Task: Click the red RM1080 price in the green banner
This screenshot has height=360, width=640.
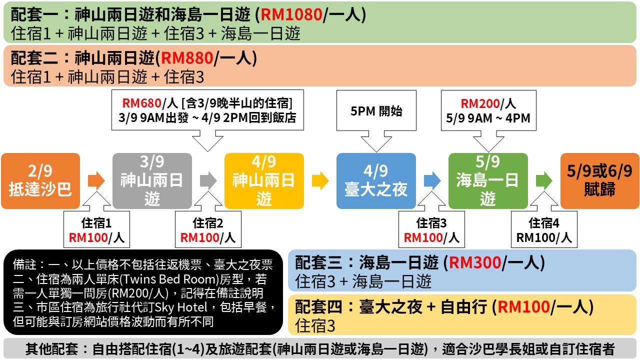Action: (x=291, y=14)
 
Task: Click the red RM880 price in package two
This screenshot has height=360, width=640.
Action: (x=184, y=58)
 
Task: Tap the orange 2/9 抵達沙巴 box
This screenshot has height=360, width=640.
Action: (x=40, y=180)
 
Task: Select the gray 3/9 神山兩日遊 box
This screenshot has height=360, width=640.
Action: (x=152, y=180)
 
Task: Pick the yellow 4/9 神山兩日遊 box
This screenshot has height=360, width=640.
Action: (x=264, y=180)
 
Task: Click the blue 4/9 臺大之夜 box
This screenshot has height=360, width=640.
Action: (x=376, y=180)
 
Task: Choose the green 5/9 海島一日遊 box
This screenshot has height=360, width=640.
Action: (x=488, y=180)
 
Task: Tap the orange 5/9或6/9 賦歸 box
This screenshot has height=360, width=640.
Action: (x=599, y=180)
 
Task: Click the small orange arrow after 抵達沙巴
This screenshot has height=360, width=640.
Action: (x=96, y=180)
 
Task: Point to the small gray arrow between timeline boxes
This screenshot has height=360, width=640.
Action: (x=208, y=180)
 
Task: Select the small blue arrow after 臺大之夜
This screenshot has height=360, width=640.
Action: (x=432, y=180)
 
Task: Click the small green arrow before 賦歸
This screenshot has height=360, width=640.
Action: (x=544, y=180)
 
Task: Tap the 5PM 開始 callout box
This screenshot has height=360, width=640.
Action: (x=376, y=111)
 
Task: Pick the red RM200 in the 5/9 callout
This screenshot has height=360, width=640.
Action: (x=480, y=104)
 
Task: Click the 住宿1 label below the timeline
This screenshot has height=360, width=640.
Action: (x=96, y=223)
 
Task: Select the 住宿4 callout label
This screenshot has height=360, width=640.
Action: (x=544, y=223)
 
